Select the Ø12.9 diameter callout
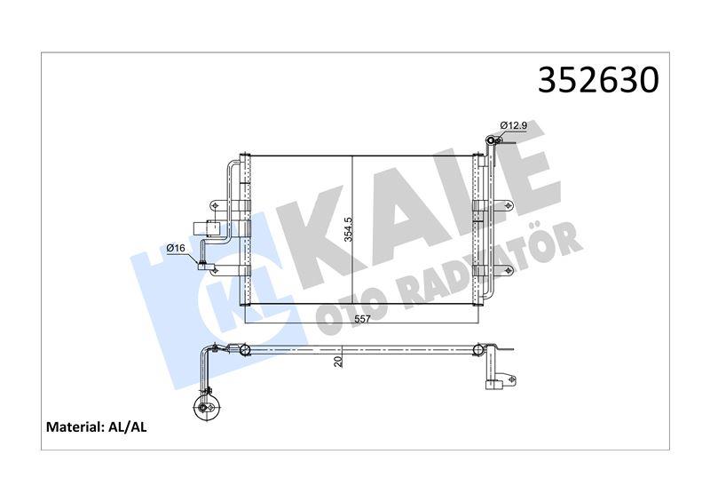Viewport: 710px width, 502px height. [514, 126]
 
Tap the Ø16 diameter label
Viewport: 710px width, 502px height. [176, 248]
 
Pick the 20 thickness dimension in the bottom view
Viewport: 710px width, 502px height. [338, 360]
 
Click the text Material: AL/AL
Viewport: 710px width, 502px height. [97, 427]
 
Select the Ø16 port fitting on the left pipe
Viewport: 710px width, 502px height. [204, 263]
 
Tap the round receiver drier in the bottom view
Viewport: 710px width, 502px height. [205, 409]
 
